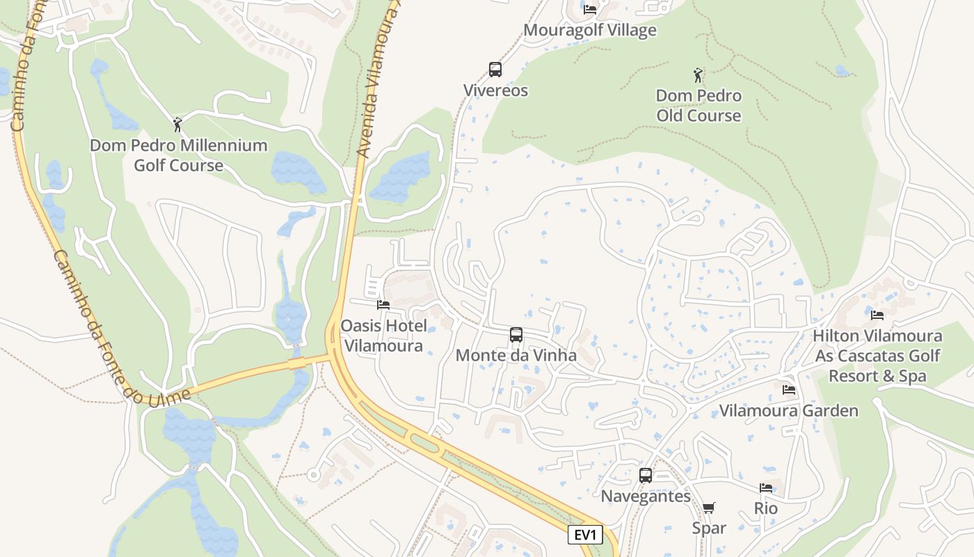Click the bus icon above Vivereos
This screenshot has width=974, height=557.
pos(495,70)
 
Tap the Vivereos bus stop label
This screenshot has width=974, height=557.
pos(495,91)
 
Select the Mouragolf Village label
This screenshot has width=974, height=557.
pos(589,31)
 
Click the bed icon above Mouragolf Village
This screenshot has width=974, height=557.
pos(590,10)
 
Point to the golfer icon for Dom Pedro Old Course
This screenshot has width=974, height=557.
pos(698,74)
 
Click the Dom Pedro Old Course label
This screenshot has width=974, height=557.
pos(698,105)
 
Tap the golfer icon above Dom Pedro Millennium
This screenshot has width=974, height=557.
pos(177,125)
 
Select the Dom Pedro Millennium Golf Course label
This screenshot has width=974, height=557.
pos(179,155)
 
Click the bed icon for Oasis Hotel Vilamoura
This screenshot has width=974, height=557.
pos(383,304)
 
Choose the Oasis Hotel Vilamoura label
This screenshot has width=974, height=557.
pos(383,336)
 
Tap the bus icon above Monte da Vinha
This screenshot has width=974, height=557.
pos(516,335)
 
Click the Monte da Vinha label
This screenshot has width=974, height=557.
pos(516,356)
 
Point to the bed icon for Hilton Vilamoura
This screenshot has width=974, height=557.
pos(877,315)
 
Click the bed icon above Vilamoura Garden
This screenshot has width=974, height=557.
pos(788,390)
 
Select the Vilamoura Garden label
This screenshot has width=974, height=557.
pos(788,411)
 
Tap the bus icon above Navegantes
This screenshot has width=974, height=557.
pos(646,476)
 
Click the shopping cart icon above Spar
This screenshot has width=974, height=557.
pos(708,508)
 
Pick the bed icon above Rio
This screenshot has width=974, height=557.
pos(766,488)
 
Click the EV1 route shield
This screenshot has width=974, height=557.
pos(584,535)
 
